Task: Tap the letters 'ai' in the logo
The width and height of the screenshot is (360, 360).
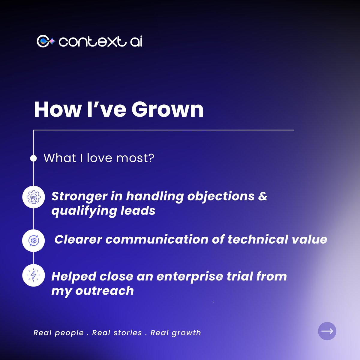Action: coord(136,42)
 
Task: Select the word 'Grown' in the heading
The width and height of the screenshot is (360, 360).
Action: coord(167,109)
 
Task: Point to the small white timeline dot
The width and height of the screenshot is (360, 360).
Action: coord(33,158)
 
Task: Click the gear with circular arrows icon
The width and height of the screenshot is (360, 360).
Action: coord(34,240)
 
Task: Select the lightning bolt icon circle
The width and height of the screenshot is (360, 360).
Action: coord(34,275)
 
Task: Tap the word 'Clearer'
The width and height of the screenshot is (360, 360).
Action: coord(78,239)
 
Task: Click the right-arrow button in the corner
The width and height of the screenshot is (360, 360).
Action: coord(327,331)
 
